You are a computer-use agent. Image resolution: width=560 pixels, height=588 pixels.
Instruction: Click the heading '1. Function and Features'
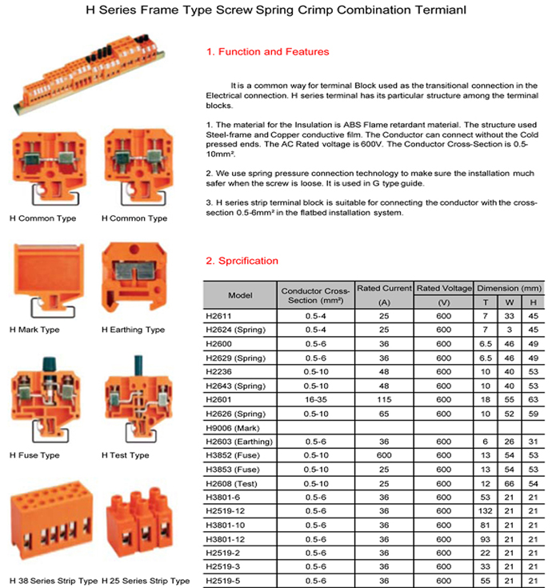[x=267, y=52]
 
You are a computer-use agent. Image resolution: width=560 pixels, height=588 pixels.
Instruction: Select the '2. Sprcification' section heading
[x=242, y=261]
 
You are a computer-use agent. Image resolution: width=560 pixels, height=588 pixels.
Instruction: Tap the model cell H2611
[x=218, y=318]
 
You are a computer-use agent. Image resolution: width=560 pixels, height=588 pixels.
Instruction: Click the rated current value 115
[x=383, y=398]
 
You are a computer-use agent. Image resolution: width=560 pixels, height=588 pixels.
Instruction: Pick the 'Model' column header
[x=240, y=295]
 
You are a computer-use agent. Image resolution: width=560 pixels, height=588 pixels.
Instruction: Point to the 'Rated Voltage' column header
[x=444, y=288]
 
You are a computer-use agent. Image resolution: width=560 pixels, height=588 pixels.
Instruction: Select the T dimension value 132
[x=485, y=510]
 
